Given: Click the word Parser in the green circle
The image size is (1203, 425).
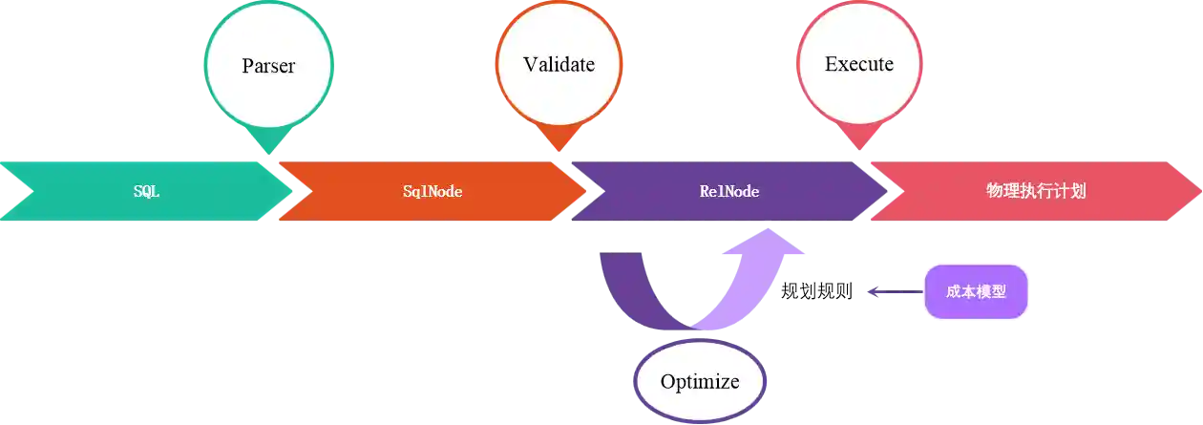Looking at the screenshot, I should (267, 66).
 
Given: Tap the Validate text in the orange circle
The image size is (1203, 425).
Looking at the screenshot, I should (559, 64).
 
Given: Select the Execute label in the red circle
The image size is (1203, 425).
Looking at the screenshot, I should (859, 64).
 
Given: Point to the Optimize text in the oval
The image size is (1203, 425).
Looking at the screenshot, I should (700, 382).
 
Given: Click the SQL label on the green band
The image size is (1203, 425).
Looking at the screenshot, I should (146, 191).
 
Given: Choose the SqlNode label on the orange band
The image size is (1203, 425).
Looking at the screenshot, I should (433, 191).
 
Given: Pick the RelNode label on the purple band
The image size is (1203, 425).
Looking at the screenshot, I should (729, 191).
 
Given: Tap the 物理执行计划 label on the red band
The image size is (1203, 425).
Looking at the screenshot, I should (1036, 191).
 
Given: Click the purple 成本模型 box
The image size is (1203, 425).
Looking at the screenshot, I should (976, 291).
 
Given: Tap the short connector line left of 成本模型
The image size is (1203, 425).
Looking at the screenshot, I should (893, 290).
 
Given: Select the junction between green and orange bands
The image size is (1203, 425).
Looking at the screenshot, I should (286, 191).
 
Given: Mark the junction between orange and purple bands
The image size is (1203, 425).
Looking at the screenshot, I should (580, 191).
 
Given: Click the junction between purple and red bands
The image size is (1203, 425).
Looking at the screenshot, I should (883, 191).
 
